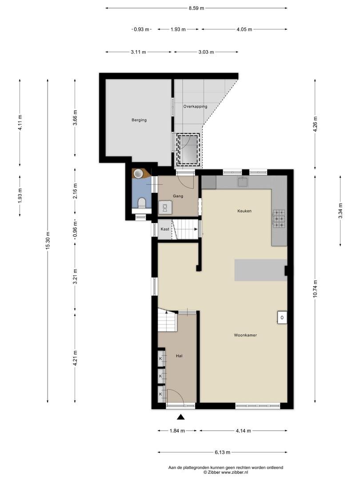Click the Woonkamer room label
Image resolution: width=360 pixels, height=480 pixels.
click(x=245, y=335)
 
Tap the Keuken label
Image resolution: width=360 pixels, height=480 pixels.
click(x=244, y=211)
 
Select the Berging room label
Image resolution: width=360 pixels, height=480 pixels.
click(x=139, y=120)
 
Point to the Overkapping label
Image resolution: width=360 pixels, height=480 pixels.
click(x=195, y=107)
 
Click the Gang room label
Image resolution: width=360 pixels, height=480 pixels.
click(x=178, y=196)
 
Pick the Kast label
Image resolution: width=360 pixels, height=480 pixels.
click(x=165, y=229)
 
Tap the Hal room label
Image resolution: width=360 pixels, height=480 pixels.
click(x=179, y=356)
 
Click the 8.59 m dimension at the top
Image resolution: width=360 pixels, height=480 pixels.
click(x=196, y=8)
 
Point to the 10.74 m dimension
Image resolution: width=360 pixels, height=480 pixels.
click(x=315, y=289)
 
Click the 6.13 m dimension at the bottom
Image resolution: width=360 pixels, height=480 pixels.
click(x=222, y=452)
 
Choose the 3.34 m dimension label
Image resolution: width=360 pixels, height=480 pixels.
click(x=340, y=211)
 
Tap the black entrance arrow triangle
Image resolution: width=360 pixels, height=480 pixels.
click(x=181, y=416)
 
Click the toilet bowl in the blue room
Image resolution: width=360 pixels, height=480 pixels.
click(x=142, y=203)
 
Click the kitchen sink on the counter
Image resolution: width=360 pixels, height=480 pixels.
click(x=243, y=182)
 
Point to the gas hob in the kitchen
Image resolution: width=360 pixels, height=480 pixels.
click(x=279, y=219)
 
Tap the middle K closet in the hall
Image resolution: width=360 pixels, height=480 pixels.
click(x=160, y=376)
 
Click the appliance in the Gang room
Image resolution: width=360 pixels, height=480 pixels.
click(x=165, y=208)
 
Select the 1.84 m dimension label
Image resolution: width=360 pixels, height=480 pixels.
click(x=177, y=431)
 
